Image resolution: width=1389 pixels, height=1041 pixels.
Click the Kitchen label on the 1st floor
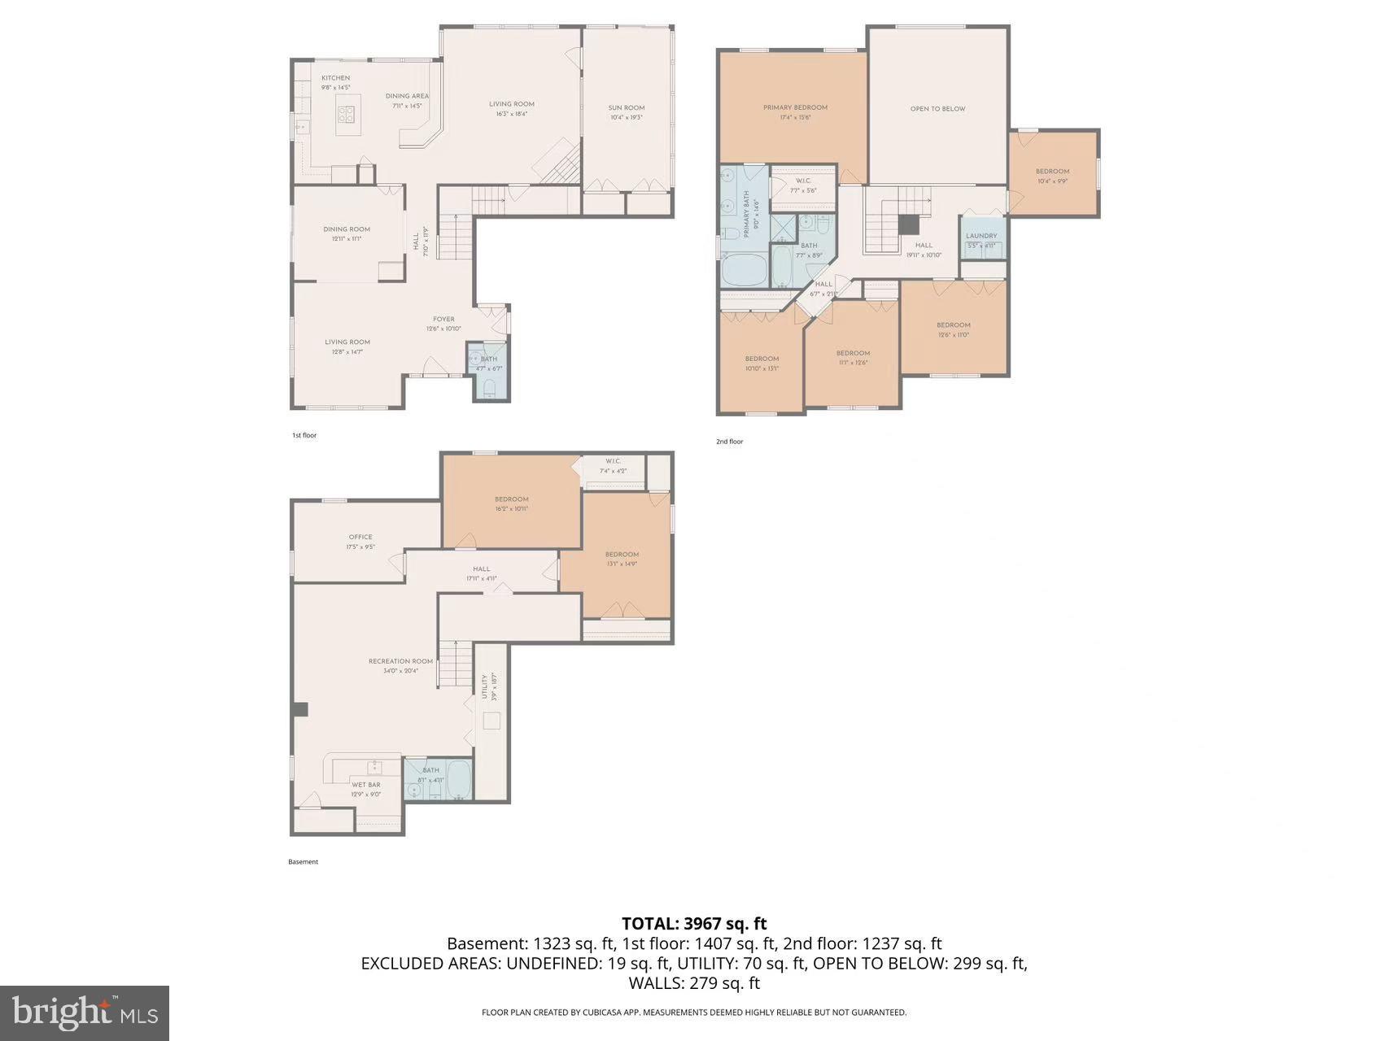pyautogui.click(x=335, y=78)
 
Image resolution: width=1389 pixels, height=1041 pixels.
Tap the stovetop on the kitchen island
pyautogui.click(x=347, y=115)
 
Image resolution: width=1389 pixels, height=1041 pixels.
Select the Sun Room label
pyautogui.click(x=626, y=108)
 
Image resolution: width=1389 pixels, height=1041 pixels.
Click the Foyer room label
pyautogui.click(x=443, y=320)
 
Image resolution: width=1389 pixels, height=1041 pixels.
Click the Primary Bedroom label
pyautogui.click(x=794, y=107)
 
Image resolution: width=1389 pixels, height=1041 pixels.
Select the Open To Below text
pyautogui.click(x=937, y=108)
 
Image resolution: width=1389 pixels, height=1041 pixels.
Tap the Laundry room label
pyautogui.click(x=981, y=236)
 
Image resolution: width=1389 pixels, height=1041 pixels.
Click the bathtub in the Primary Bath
pyautogui.click(x=744, y=270)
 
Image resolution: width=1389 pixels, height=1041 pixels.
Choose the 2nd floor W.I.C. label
pyautogui.click(x=803, y=181)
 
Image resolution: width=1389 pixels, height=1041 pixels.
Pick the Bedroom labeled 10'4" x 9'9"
pyautogui.click(x=1052, y=172)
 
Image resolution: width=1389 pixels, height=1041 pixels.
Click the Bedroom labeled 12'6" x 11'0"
pyautogui.click(x=953, y=325)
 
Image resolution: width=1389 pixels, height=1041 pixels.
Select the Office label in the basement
pyautogui.click(x=360, y=537)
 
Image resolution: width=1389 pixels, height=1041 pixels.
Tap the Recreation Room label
pyautogui.click(x=400, y=661)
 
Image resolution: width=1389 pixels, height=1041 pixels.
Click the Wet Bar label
pyautogui.click(x=365, y=785)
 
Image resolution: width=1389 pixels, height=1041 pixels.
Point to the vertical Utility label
pyautogui.click(x=484, y=686)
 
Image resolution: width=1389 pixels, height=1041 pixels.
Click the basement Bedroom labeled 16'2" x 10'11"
pyautogui.click(x=511, y=499)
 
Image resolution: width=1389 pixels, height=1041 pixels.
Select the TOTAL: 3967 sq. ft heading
pyautogui.click(x=694, y=923)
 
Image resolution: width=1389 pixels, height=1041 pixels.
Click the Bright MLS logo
pyautogui.click(x=85, y=1013)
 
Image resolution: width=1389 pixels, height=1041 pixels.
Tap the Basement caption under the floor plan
pyautogui.click(x=303, y=862)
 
